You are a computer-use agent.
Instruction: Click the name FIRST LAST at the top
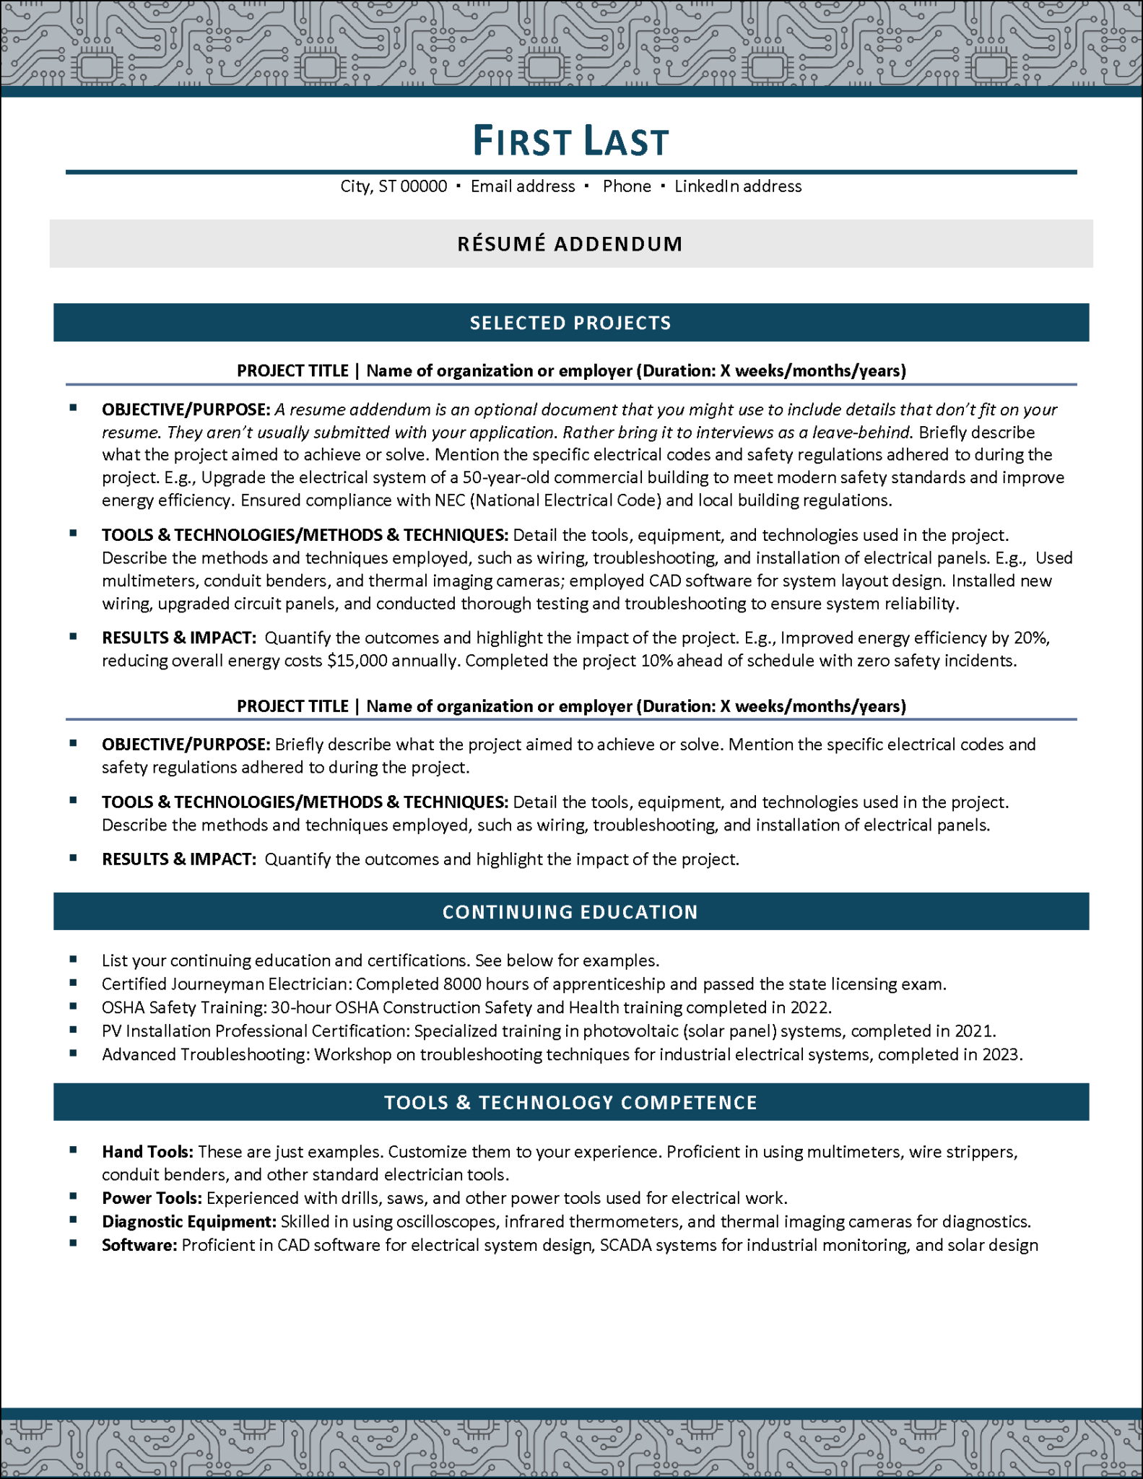pos(570,141)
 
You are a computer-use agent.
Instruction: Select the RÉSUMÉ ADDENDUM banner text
pos(570,244)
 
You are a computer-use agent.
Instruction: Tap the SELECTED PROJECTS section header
pos(570,323)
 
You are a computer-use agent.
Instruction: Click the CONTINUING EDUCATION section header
pos(570,912)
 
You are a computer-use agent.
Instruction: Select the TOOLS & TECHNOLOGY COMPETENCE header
pos(570,1103)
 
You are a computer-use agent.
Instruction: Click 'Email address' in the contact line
pos(523,186)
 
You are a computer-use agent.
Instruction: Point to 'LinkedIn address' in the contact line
pos(738,186)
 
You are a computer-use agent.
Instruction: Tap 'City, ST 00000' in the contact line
pos(394,186)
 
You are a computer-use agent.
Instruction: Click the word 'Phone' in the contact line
pos(627,186)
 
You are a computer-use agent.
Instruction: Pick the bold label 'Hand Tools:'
pos(147,1152)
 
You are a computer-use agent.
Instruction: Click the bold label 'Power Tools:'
pos(152,1199)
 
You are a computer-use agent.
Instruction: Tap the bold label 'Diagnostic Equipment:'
pos(189,1222)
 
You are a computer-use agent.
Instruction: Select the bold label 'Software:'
pos(139,1246)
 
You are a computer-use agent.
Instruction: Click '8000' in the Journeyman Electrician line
pos(462,984)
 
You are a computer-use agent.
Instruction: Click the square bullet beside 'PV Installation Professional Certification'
pos(74,1030)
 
